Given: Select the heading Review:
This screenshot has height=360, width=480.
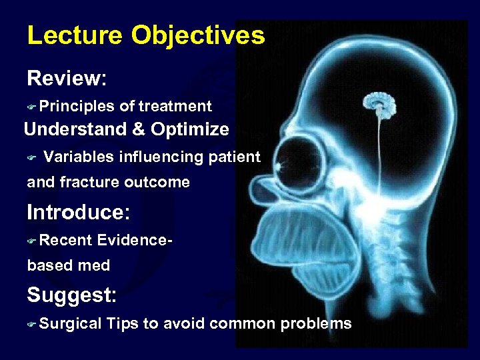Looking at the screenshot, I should [x=67, y=79].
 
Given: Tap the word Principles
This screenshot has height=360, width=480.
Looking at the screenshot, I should [x=77, y=106].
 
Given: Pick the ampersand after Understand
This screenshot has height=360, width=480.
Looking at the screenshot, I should [x=139, y=129].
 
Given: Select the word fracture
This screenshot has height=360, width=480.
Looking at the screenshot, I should [x=90, y=182].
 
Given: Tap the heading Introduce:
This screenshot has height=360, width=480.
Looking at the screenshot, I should [x=79, y=213].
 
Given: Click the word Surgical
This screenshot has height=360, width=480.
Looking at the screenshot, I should [x=71, y=324].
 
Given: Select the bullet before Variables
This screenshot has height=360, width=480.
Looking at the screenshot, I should [x=31, y=157].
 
